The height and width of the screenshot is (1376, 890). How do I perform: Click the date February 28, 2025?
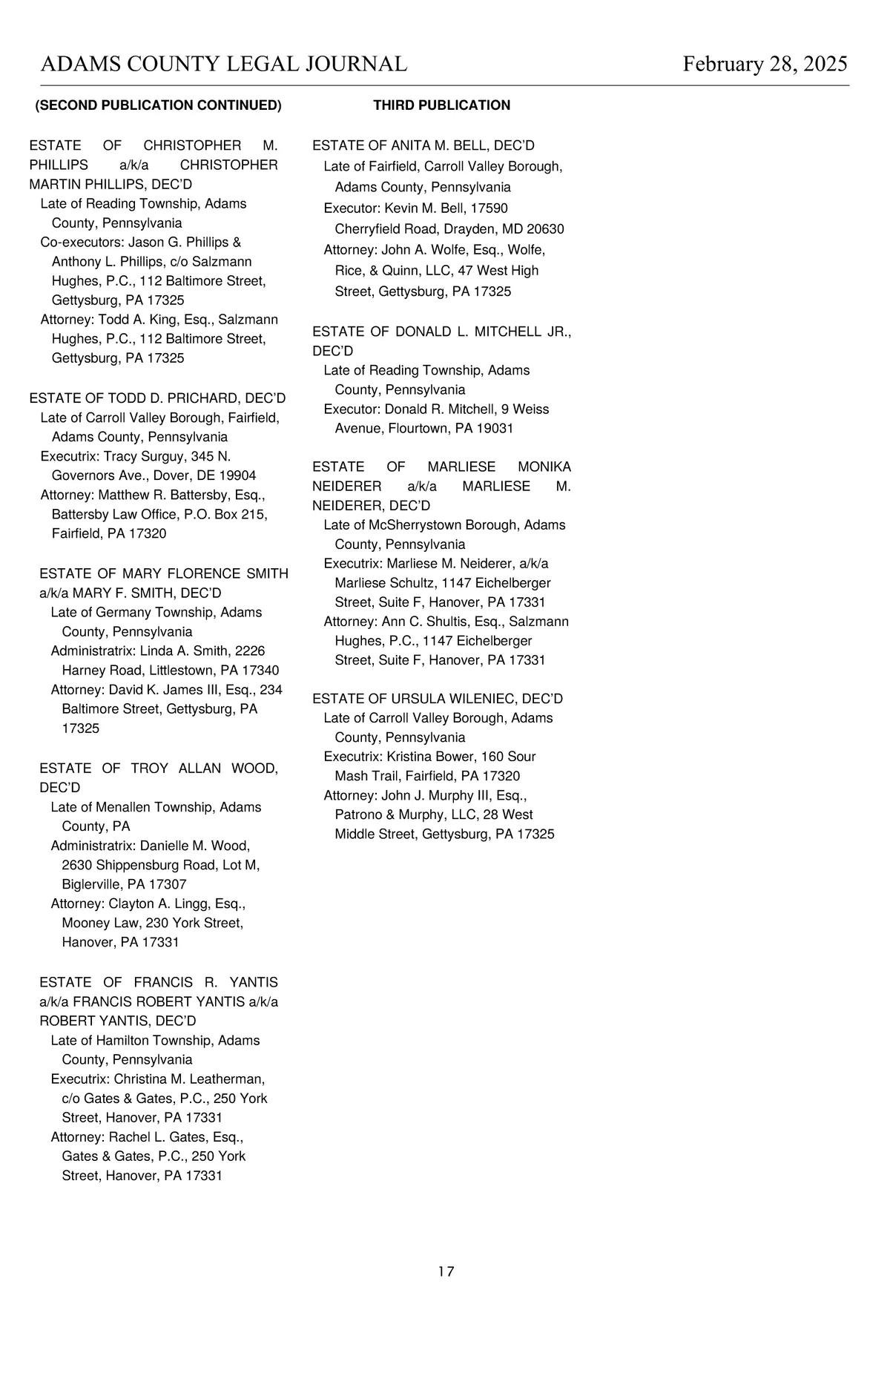click(765, 64)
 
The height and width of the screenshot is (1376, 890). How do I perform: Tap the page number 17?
click(446, 1271)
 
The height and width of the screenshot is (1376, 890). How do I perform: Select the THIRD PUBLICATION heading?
click(441, 105)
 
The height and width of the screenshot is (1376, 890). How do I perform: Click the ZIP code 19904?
click(236, 475)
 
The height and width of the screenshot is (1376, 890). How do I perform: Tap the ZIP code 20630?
click(545, 229)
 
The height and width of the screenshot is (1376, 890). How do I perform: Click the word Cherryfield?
click(367, 229)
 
